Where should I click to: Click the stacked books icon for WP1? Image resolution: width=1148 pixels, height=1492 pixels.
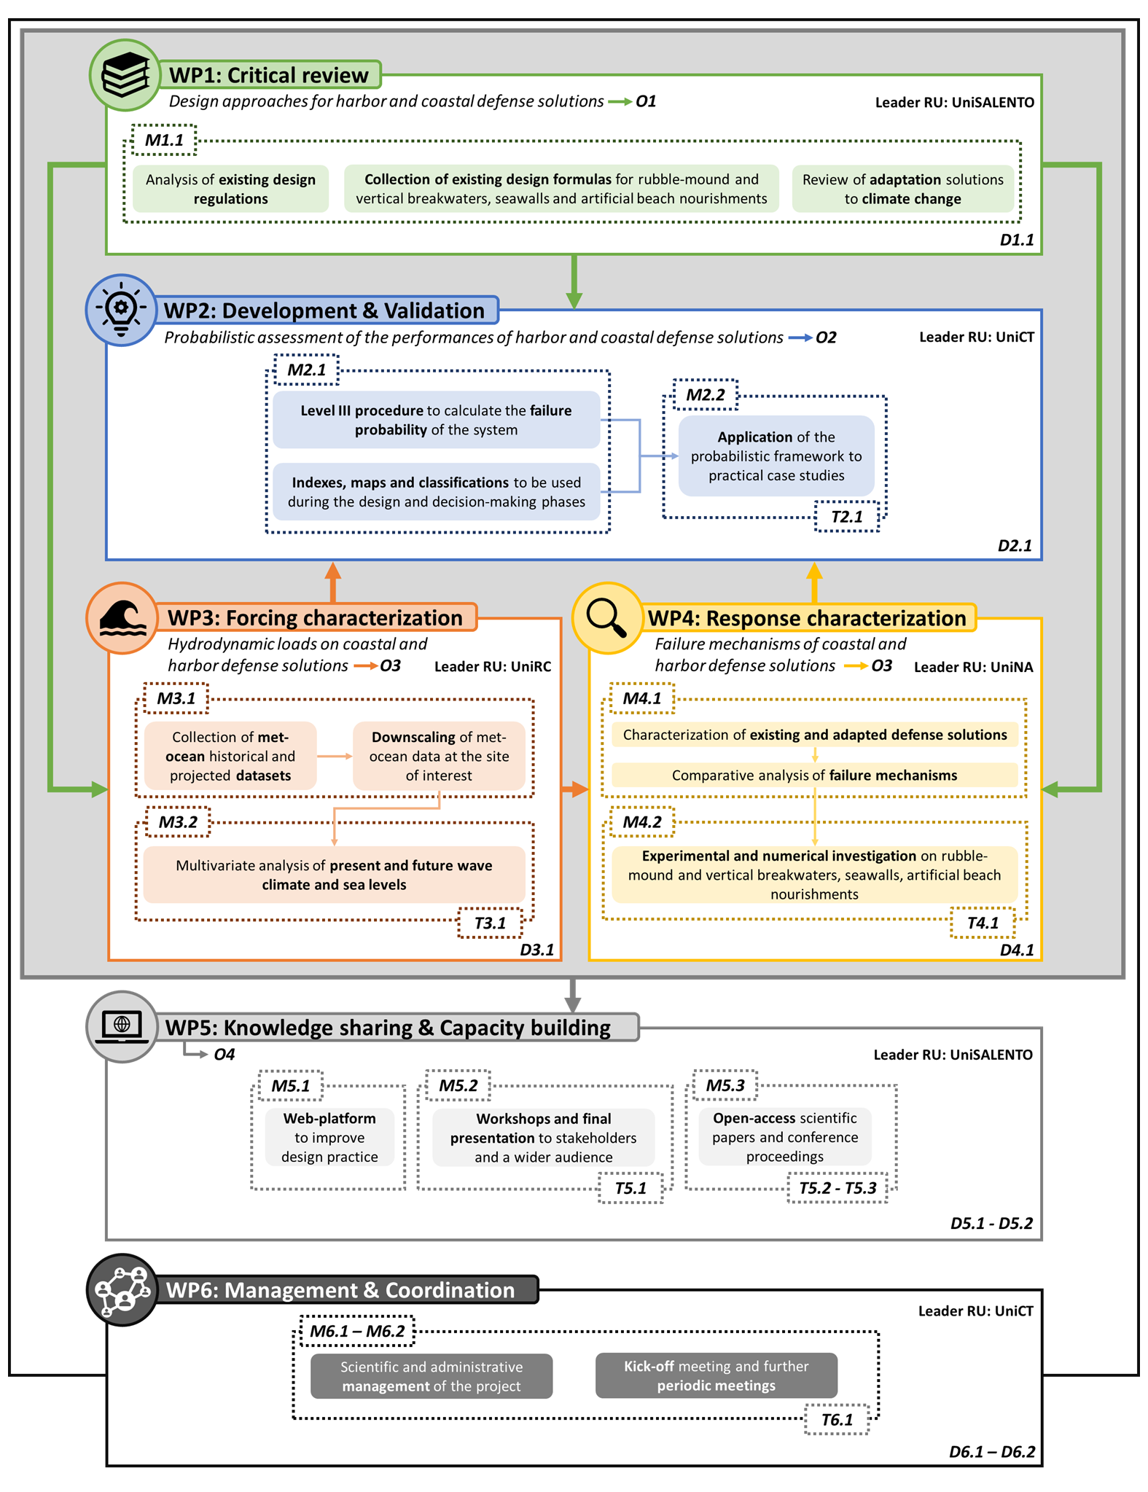125,75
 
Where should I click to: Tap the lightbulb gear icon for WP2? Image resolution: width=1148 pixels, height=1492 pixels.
122,310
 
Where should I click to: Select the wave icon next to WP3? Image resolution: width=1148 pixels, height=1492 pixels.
122,618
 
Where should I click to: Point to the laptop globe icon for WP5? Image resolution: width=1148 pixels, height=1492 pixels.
122,1027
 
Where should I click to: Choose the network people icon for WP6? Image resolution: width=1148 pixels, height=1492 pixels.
122,1289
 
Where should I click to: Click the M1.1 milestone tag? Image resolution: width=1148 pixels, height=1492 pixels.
164,140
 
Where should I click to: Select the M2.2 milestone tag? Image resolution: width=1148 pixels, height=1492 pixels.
706,395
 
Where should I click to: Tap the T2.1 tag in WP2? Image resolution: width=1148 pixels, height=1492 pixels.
847,517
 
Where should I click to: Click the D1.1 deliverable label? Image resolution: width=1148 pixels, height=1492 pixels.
1016,240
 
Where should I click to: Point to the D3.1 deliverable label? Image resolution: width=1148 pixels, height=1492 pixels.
536,950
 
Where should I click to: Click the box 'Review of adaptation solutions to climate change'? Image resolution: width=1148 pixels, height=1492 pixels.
903,189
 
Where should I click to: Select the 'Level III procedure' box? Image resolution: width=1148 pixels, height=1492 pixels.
437,420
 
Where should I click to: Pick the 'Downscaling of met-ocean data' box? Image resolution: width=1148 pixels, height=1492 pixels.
439,756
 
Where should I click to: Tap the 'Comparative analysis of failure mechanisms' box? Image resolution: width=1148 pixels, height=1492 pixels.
814,775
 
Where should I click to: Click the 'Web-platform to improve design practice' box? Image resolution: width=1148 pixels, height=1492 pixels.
329,1137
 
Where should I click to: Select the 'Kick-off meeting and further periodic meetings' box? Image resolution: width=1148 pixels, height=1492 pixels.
716,1375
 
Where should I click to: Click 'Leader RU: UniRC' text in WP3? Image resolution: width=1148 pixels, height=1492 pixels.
493,666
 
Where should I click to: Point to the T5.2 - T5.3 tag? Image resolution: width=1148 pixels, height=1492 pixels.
837,1188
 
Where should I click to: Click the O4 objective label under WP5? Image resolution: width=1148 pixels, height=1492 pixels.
224,1054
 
